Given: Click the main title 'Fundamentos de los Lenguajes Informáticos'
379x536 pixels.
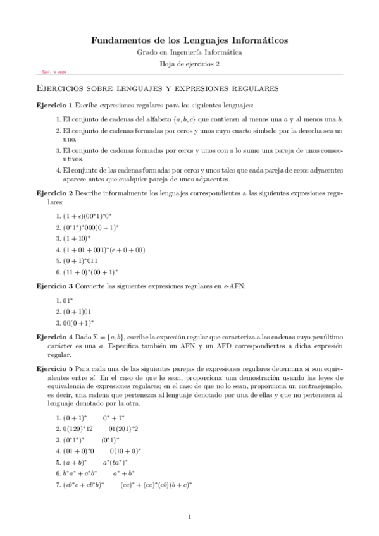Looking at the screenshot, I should tap(190, 40).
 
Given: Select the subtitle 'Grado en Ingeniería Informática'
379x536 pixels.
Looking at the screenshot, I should tap(190, 52).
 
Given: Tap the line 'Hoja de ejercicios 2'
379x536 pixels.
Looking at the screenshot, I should tap(190, 64).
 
